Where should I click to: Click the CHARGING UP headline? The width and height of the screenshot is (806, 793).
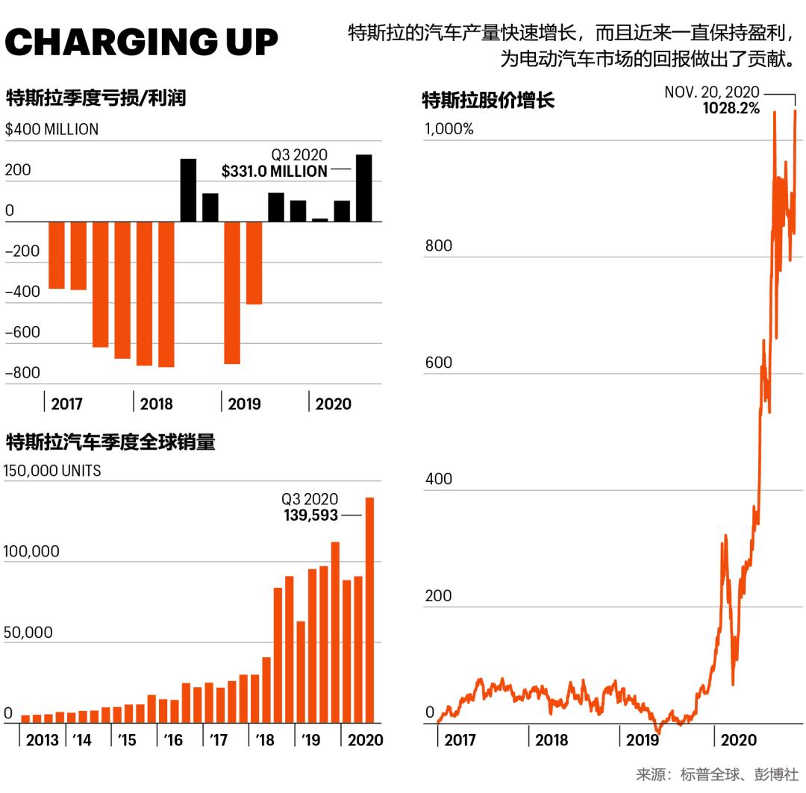click(x=142, y=43)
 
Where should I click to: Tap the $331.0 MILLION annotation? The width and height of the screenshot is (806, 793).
click(x=275, y=172)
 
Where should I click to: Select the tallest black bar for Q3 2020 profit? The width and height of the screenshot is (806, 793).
click(x=363, y=188)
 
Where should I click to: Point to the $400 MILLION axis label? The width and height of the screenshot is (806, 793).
click(x=51, y=130)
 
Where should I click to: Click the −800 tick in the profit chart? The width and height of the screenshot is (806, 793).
click(x=23, y=373)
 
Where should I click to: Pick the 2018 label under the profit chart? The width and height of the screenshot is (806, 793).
click(x=156, y=404)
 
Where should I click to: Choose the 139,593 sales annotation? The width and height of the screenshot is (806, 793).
click(x=310, y=515)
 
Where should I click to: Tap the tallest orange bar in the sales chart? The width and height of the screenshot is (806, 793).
click(x=369, y=610)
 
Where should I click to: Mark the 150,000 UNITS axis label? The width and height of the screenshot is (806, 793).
click(x=52, y=471)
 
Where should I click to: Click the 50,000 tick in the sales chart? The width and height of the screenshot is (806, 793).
click(x=28, y=633)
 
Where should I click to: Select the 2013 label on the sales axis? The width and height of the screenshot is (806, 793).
click(x=43, y=740)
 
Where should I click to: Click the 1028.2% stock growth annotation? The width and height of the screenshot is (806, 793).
click(x=731, y=108)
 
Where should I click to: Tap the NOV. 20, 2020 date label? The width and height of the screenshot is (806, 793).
click(x=712, y=93)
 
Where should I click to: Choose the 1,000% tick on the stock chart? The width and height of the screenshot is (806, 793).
click(x=449, y=129)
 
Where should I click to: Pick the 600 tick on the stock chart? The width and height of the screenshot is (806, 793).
click(x=439, y=363)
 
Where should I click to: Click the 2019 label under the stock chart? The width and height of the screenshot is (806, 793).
click(x=643, y=740)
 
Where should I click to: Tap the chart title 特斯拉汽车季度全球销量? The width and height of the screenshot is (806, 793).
click(x=110, y=442)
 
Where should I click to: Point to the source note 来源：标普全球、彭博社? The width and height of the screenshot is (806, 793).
click(x=717, y=774)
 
